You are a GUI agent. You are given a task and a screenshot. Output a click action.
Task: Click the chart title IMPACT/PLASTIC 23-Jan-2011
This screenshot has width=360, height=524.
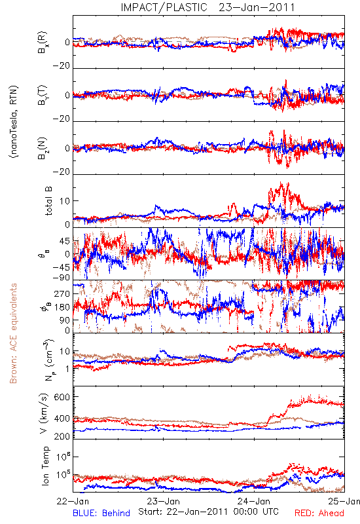(x=207, y=7)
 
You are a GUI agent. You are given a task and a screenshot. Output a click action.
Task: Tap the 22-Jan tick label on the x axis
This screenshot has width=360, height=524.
(x=73, y=501)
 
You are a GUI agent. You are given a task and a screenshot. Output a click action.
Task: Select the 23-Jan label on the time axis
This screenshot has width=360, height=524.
(x=164, y=501)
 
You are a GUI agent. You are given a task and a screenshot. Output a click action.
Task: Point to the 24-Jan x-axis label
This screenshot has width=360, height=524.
(x=254, y=501)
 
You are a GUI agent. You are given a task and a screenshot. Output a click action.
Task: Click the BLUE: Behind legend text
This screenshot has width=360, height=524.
(x=101, y=513)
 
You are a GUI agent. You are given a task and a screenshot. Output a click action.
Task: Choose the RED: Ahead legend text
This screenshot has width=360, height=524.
(x=319, y=513)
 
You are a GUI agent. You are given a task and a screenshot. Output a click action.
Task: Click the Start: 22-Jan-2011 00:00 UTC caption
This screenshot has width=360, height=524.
(x=208, y=512)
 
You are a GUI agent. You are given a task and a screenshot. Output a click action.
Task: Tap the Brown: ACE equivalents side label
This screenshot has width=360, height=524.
(x=13, y=333)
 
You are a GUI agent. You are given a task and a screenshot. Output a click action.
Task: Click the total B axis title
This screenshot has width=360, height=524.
(x=48, y=201)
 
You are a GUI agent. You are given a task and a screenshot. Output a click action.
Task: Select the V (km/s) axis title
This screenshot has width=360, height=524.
(x=45, y=413)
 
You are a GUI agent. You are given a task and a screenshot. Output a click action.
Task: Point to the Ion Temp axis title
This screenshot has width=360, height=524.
(x=45, y=466)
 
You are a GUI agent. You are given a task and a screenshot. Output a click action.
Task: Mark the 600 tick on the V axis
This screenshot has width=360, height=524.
(x=62, y=397)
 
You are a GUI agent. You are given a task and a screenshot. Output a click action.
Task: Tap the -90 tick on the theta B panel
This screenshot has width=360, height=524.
(x=62, y=277)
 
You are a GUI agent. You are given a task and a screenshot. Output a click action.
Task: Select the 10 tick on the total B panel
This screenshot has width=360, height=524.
(x=64, y=201)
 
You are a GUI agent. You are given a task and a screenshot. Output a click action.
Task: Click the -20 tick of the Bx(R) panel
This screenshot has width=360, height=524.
(x=62, y=66)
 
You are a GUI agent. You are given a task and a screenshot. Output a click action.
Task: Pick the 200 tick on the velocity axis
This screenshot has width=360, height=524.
(x=62, y=436)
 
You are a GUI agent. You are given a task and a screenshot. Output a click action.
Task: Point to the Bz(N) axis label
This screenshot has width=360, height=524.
(x=43, y=148)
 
